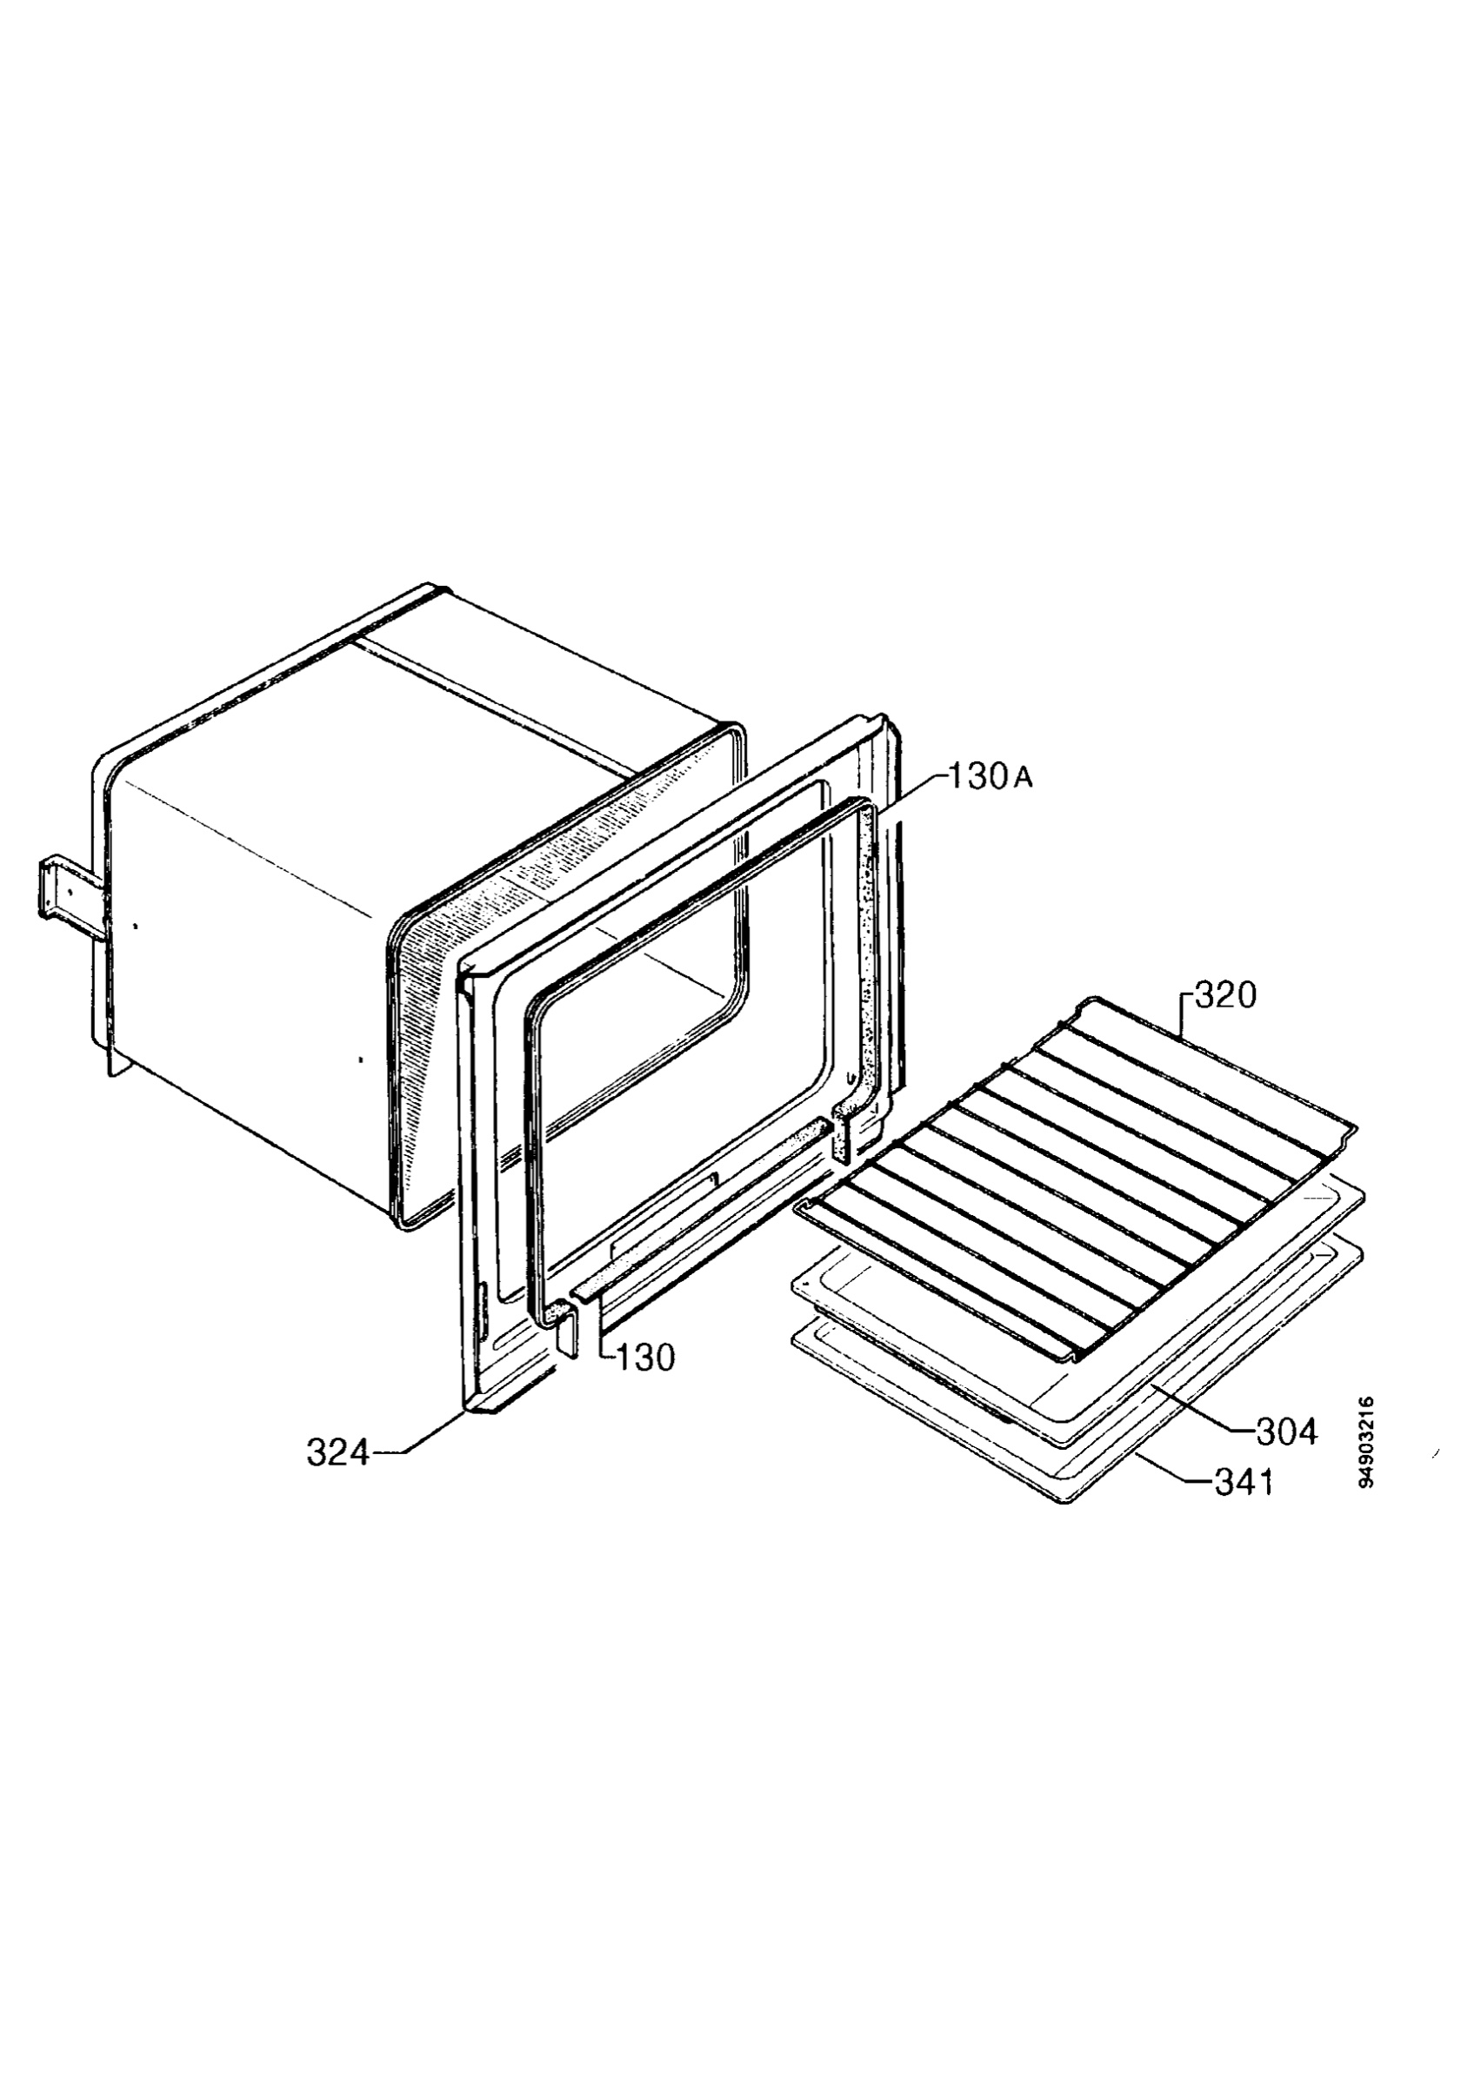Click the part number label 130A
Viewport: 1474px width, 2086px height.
990,779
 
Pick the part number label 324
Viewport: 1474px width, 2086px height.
338,1453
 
